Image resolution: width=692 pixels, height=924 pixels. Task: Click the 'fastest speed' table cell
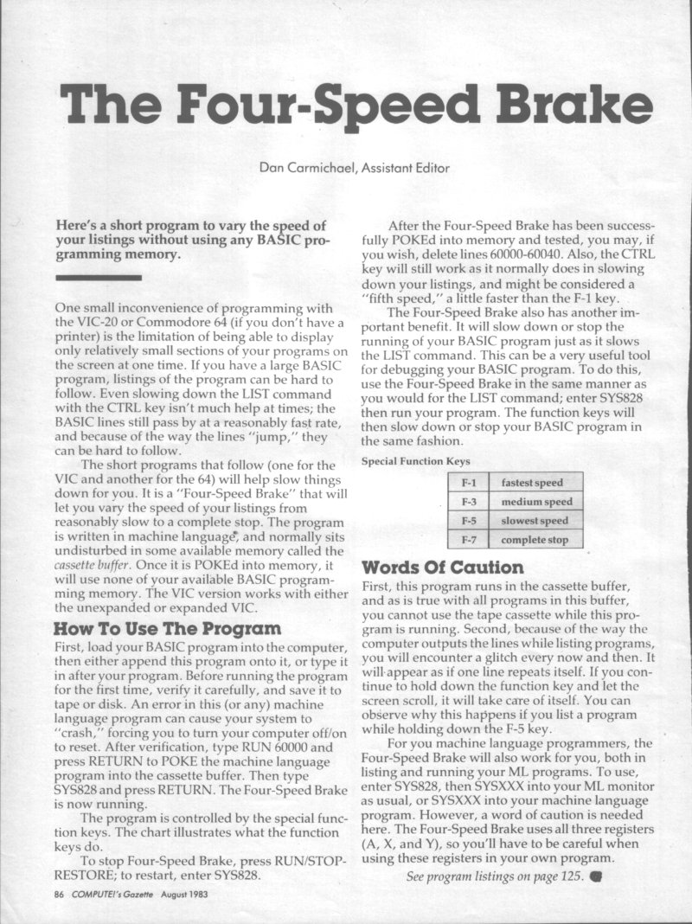pyautogui.click(x=532, y=483)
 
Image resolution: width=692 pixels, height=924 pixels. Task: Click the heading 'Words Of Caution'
pyautogui.click(x=442, y=568)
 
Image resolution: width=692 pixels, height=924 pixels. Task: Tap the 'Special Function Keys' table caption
pyautogui.click(x=416, y=462)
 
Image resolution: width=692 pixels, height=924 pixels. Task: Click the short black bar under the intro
pyautogui.click(x=97, y=278)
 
